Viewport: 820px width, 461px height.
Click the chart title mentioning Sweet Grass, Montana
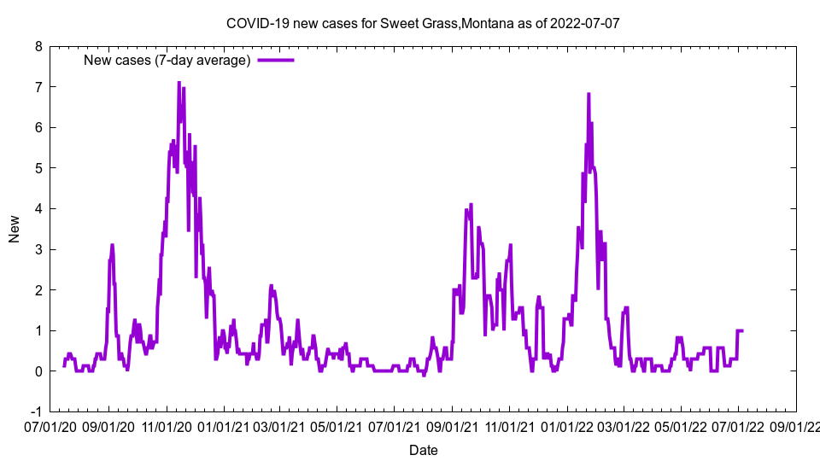point(423,23)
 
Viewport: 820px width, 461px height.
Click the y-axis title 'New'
point(15,229)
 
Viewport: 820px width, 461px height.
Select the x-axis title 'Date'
point(423,450)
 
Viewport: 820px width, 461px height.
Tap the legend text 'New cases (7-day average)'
point(167,60)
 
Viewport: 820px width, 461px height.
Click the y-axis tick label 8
point(38,46)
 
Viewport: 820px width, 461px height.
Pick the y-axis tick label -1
point(36,411)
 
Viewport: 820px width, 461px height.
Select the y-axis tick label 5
point(38,168)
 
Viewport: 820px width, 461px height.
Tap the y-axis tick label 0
point(38,371)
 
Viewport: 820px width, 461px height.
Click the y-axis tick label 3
point(38,249)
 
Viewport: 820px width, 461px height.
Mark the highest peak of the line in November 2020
point(179,83)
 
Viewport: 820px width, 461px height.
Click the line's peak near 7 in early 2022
point(589,94)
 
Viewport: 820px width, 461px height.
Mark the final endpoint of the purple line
point(742,330)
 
